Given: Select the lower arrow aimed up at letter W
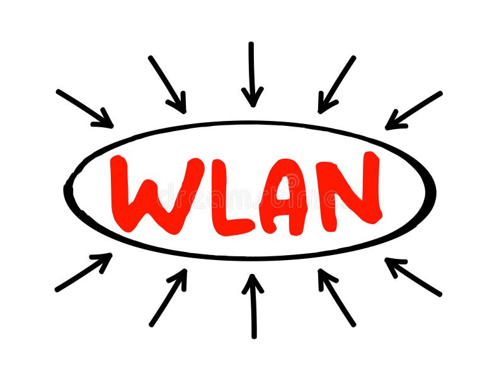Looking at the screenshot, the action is [x=168, y=298].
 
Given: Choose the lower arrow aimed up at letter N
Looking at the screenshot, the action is [x=336, y=298].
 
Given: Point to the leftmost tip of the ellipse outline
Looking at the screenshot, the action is [x=66, y=188].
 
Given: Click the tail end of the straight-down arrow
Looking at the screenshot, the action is [x=251, y=44].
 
